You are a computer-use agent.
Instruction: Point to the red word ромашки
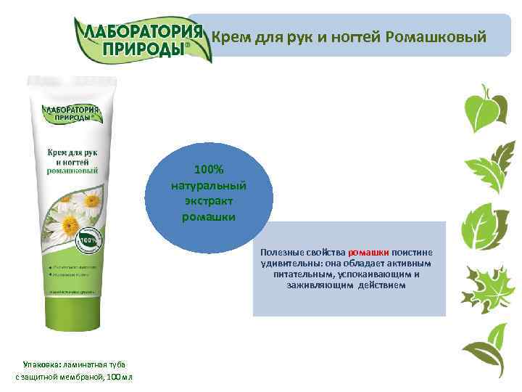click(x=370, y=252)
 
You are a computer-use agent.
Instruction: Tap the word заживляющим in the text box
click(x=317, y=285)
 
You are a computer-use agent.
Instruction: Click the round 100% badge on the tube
click(x=87, y=240)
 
